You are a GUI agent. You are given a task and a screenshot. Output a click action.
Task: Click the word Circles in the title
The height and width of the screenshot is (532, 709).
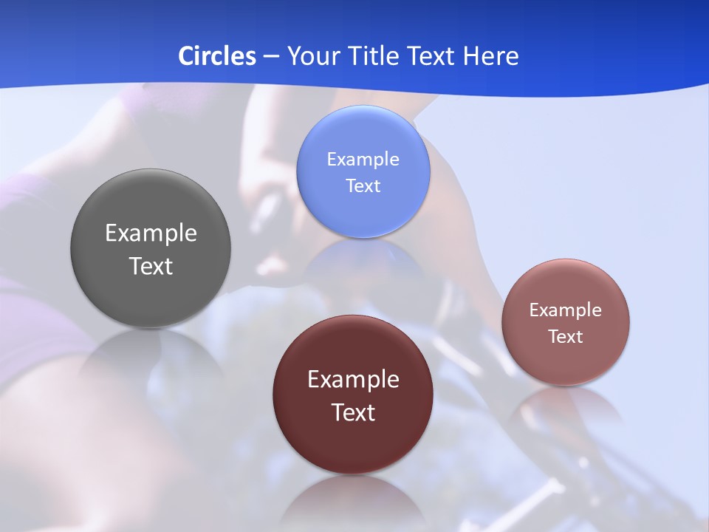coord(216,56)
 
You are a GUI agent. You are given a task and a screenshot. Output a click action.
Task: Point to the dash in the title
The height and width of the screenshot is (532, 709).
coord(270,57)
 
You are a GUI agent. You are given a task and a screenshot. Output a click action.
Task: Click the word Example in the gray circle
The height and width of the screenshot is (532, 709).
coord(151,233)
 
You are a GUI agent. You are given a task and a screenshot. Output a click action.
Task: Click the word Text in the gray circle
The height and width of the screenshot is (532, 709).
coord(151,266)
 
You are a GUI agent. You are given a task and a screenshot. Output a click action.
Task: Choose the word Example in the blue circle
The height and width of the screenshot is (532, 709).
coord(363,160)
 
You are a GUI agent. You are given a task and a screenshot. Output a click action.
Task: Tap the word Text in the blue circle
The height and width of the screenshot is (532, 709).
coord(363,186)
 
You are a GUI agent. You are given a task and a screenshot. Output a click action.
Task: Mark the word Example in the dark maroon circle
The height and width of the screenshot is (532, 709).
coord(353,380)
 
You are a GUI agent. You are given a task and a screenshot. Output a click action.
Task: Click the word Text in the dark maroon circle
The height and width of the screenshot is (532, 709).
coord(353,412)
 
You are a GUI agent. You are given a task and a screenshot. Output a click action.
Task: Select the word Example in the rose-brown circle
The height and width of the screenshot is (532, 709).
coord(565,310)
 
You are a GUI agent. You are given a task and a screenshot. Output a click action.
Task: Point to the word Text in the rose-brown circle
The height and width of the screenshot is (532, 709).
coord(565,337)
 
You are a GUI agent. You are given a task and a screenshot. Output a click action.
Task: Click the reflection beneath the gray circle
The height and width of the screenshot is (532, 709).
coord(151,362)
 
